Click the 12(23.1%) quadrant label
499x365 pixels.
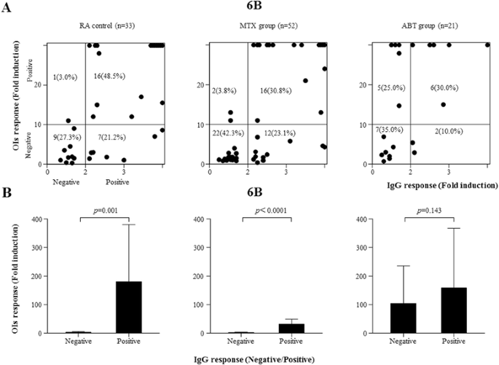pyautogui.click(x=276, y=133)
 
